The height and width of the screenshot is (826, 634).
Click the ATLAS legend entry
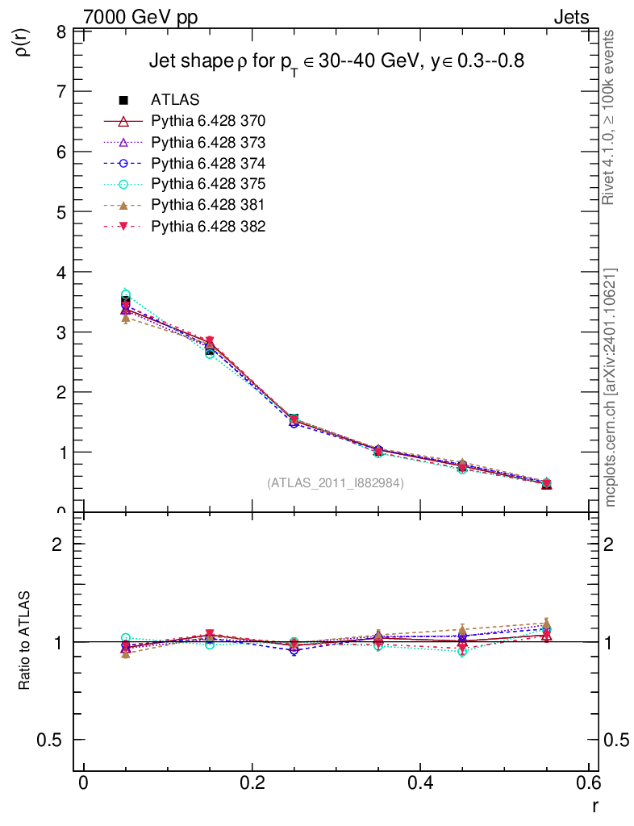pyautogui.click(x=175, y=100)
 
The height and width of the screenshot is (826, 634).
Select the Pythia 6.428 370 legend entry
pyautogui.click(x=208, y=121)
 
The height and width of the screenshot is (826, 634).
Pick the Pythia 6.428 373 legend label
pyautogui.click(x=208, y=142)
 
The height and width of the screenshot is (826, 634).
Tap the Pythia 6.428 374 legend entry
pyautogui.click(x=208, y=163)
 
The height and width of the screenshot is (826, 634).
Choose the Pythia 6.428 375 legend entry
pyautogui.click(x=208, y=184)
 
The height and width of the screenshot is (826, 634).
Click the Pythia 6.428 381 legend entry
pyautogui.click(x=208, y=205)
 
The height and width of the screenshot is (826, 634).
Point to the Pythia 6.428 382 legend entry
pyautogui.click(x=208, y=226)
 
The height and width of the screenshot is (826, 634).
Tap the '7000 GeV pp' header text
pyautogui.click(x=140, y=17)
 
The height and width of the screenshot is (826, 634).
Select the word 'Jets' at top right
pyautogui.click(x=570, y=17)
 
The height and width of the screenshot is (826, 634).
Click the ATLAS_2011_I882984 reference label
pyautogui.click(x=336, y=483)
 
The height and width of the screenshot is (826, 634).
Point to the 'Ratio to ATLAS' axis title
pyautogui.click(x=25, y=641)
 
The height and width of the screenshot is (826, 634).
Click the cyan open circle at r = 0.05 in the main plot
pyautogui.click(x=125, y=294)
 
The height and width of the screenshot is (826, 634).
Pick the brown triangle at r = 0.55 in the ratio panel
pyautogui.click(x=546, y=623)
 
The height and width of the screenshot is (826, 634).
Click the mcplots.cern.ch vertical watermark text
pyautogui.click(x=611, y=387)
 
